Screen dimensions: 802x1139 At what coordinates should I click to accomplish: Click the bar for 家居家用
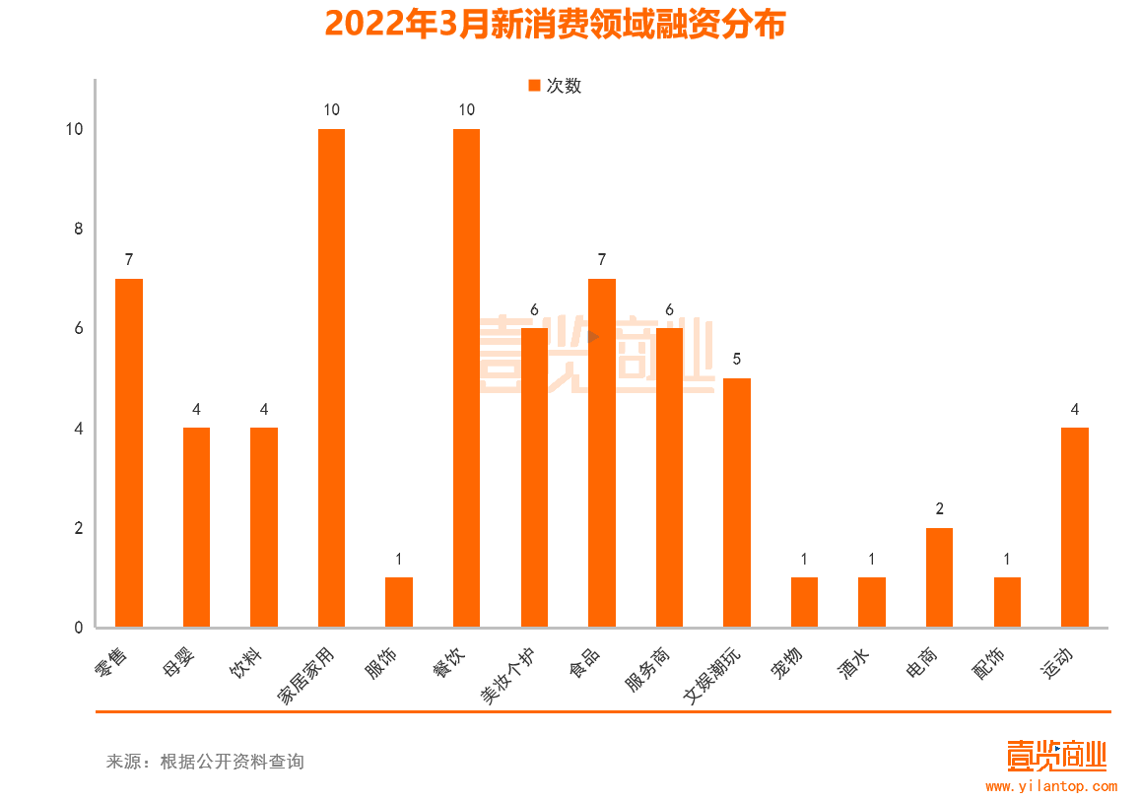point(331,377)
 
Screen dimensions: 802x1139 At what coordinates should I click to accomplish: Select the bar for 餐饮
point(466,377)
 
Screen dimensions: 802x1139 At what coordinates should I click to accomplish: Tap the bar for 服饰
point(399,602)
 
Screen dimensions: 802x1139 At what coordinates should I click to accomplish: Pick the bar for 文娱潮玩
point(737,502)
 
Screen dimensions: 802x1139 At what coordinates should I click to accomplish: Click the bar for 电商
point(939,577)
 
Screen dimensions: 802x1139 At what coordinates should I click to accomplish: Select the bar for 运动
point(1075,527)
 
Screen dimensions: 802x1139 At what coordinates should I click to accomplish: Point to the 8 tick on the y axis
point(79,229)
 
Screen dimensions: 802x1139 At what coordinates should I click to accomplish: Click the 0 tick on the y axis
point(79,628)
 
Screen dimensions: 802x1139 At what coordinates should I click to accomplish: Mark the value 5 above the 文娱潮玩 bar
point(737,360)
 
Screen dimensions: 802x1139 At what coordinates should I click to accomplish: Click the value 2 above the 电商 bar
point(939,509)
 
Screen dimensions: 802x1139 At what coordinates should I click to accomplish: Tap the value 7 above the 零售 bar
point(129,260)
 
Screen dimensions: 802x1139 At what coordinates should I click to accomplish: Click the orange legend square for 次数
point(534,86)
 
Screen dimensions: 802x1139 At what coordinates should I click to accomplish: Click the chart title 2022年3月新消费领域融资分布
point(555,24)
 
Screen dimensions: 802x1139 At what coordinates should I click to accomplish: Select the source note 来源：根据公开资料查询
point(205,762)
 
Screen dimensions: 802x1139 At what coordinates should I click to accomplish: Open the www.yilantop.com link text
point(1050,786)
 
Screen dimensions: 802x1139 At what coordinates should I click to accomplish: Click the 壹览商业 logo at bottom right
point(1056,756)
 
